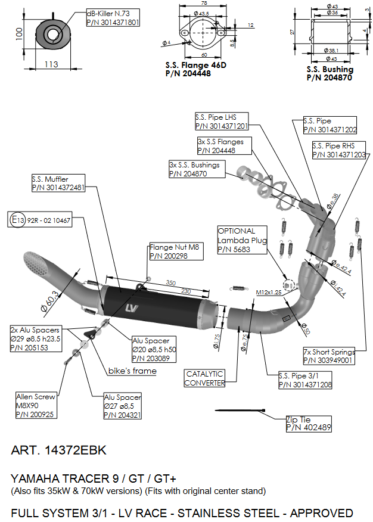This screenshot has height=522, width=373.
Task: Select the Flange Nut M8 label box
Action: point(175,251)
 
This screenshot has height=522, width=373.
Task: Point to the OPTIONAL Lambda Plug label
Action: point(241,240)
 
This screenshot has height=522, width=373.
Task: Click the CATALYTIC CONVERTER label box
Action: point(204,378)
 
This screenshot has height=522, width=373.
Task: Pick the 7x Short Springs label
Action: point(328,356)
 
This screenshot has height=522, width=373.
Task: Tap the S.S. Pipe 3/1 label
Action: point(304,381)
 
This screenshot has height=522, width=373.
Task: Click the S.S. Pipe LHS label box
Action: point(221,122)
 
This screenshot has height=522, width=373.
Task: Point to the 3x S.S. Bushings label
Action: point(196,169)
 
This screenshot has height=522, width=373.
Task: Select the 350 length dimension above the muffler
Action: point(171,282)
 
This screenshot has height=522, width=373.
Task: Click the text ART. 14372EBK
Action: point(59,450)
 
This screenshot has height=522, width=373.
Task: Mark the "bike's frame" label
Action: point(132,371)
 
